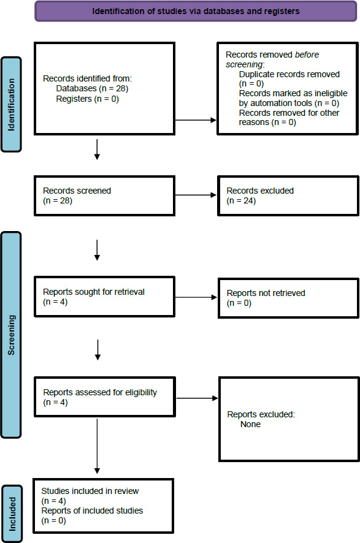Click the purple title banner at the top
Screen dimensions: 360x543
point(196,11)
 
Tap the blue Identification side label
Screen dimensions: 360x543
point(12,105)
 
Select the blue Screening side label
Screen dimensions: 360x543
point(12,335)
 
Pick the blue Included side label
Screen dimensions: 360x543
point(12,514)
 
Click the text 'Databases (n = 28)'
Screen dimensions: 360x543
point(92,89)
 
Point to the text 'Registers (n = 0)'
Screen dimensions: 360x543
point(87,99)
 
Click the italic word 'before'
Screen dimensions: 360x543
point(307,55)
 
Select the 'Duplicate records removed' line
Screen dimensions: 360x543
point(289,74)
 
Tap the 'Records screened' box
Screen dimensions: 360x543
point(104,196)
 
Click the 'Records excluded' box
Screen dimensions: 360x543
point(288,196)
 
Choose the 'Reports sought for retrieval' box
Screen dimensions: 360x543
point(104,297)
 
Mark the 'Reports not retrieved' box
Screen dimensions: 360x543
point(288,298)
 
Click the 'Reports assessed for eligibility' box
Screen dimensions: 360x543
point(105,397)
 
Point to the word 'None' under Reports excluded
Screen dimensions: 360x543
point(250,424)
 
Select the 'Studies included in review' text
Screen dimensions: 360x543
point(90,491)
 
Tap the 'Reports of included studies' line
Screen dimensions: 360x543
point(92,511)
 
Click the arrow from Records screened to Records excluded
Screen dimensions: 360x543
point(196,195)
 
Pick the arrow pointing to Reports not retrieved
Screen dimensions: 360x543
point(196,297)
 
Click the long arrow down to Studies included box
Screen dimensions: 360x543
point(97,446)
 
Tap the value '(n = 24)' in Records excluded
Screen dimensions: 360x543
point(241,201)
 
